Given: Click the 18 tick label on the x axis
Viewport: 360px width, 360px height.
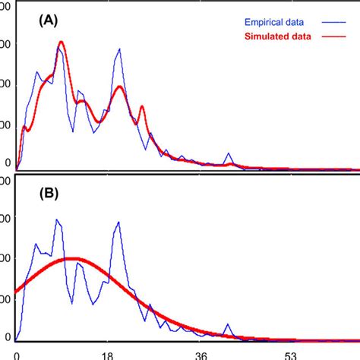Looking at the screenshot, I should pos(111,354).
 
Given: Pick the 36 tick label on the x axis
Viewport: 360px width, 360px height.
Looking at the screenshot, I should pos(201,354).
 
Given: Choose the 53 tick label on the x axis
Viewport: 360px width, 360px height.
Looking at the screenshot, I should pos(292,354).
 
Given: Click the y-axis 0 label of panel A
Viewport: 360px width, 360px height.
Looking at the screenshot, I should pos(8,163).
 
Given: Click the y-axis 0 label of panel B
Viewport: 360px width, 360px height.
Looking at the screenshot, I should pos(8,336).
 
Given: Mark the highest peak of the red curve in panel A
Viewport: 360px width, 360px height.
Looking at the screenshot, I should pos(61,42).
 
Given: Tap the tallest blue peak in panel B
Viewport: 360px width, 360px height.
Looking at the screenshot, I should pos(58,219).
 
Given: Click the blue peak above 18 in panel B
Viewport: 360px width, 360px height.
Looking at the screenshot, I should pos(119,222).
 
